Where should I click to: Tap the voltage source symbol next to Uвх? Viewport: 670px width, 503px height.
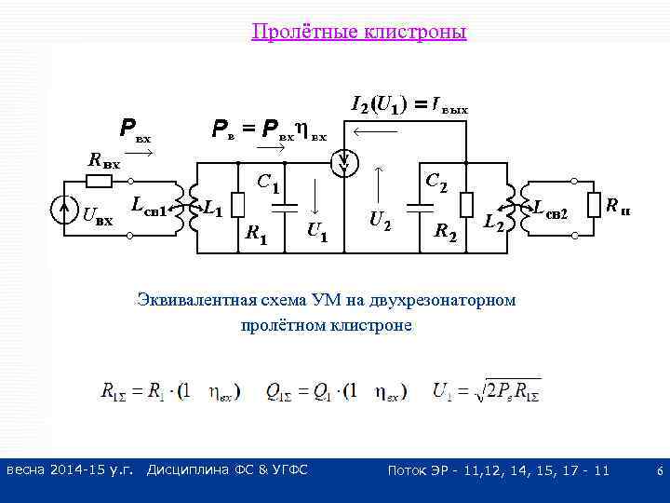click(63, 211)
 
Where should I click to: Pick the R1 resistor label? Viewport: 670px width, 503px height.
click(256, 234)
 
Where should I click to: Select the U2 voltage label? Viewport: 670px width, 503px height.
click(380, 221)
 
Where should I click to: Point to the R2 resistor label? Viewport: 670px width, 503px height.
click(447, 232)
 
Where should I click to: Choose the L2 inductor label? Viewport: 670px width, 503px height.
click(495, 224)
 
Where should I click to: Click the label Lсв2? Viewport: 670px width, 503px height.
click(551, 211)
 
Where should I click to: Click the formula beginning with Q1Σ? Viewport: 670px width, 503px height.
click(336, 392)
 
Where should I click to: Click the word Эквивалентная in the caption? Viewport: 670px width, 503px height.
click(185, 300)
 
